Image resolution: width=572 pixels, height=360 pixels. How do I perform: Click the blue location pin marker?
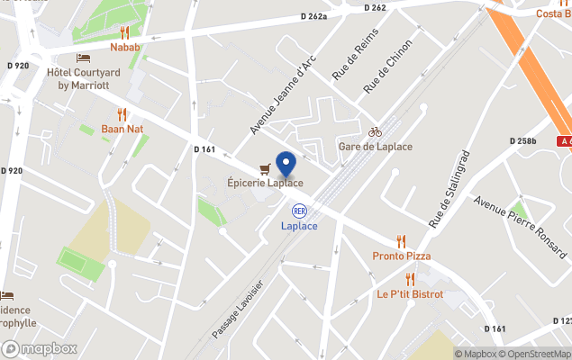pos(286,165)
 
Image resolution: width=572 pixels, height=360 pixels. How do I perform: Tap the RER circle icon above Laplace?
pos(299,210)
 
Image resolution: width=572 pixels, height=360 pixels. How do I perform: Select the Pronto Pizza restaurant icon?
pos(402,241)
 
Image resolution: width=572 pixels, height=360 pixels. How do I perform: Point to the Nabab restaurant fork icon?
pos(125,32)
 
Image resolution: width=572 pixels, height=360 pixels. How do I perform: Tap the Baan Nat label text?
pos(123,129)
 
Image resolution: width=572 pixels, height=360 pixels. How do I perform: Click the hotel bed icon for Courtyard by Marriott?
pos(84,58)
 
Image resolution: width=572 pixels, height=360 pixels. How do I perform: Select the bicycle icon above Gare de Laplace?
pos(375,131)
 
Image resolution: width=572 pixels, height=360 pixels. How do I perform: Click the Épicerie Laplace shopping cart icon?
pos(264,168)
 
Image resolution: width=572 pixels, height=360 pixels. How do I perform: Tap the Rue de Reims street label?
pos(354,54)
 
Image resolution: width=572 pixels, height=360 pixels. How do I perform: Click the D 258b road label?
pos(522,141)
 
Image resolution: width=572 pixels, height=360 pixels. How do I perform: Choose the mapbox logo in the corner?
pos(40,348)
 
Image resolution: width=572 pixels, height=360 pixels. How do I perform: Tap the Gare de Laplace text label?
pos(375,147)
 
